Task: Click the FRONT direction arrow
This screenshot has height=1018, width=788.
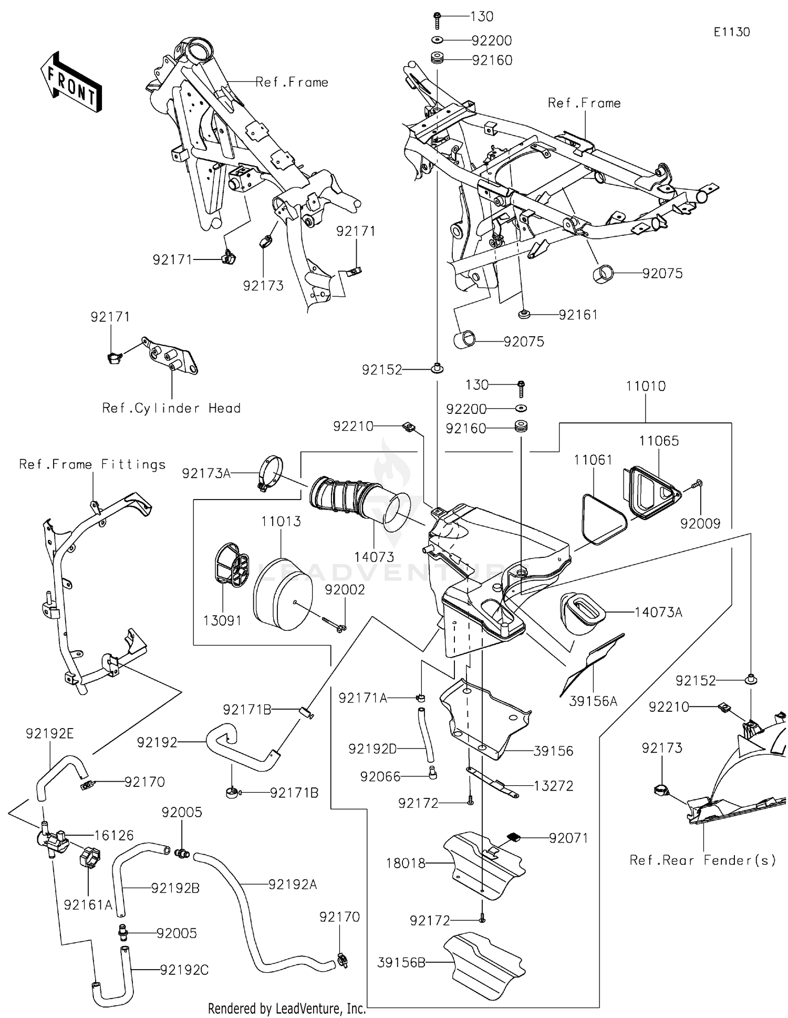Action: coord(71,82)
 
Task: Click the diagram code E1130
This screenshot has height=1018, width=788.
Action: coord(731,32)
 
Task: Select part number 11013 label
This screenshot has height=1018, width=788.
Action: coord(281,522)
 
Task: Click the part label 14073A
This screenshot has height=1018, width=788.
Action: coord(658,612)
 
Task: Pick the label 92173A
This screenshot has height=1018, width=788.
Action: coord(206,473)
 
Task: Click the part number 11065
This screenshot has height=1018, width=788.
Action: coord(659,441)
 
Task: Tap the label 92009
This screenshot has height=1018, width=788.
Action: coord(700,524)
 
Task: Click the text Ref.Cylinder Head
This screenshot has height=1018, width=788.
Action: coord(171,408)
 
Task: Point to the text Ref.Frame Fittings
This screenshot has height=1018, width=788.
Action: coord(92,464)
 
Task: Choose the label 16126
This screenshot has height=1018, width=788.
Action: coord(114,835)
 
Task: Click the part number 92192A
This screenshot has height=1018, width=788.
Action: coord(293,885)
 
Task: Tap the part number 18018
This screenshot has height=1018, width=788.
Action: coord(406,863)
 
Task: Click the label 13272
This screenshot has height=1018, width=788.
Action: coord(553,786)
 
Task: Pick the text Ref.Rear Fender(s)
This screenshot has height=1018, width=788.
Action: coord(702,860)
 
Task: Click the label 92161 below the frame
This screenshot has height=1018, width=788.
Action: coord(578,315)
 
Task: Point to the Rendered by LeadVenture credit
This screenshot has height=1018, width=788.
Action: coord(286,1008)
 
